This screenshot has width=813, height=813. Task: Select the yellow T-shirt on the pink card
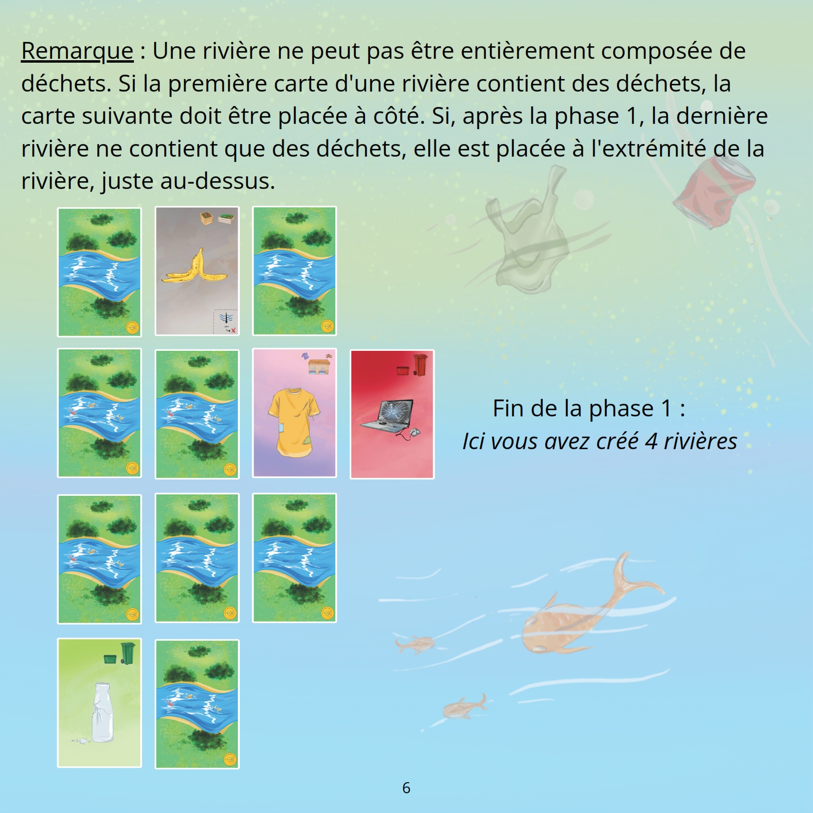[293, 423]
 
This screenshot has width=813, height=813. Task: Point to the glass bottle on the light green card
[103, 712]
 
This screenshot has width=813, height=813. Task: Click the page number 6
[406, 788]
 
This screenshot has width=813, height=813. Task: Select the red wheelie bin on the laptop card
[420, 364]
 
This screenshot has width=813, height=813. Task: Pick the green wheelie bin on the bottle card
[128, 653]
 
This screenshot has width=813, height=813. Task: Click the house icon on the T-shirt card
[319, 366]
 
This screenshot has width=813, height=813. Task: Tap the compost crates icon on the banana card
[217, 219]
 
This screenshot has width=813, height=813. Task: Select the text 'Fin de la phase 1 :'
[589, 409]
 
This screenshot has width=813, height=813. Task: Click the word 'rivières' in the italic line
[700, 441]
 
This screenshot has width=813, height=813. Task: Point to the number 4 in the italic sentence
[651, 441]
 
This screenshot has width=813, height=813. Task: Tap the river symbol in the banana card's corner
[226, 318]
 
